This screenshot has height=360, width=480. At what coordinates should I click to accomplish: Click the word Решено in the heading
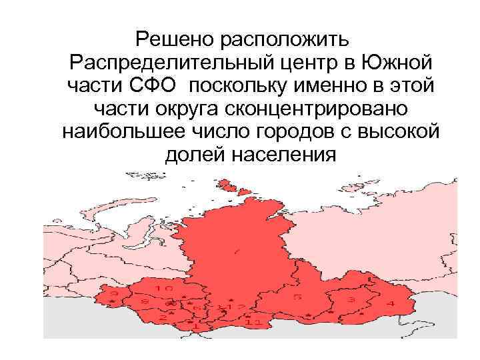coord(171,38)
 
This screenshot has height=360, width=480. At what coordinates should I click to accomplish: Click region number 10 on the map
coord(163,289)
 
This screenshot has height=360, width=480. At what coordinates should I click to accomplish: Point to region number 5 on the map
coord(297,296)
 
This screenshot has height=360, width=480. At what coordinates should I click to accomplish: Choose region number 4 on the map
coord(391,304)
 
